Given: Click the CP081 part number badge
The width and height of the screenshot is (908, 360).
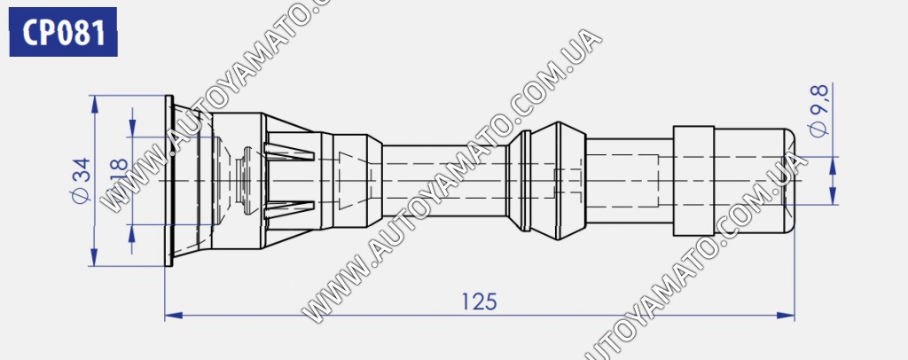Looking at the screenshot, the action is pyautogui.click(x=64, y=33).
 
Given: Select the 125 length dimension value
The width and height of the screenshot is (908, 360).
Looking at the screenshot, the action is pyautogui.click(x=479, y=301).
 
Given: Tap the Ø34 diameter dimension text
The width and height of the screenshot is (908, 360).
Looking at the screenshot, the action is pyautogui.click(x=81, y=180).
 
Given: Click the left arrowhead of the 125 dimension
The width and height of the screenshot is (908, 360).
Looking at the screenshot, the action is pyautogui.click(x=174, y=316).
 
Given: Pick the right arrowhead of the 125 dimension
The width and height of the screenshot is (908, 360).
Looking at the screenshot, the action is pyautogui.click(x=786, y=316).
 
